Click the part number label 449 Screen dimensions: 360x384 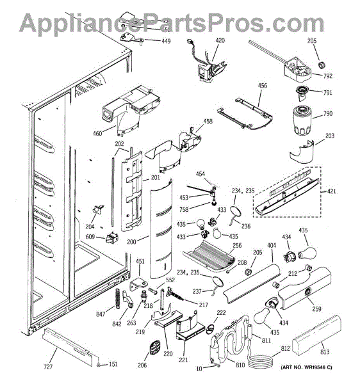point(166,41)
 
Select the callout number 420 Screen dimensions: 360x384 point(220,40)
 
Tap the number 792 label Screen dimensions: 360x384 point(328,76)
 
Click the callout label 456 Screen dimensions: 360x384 point(263,86)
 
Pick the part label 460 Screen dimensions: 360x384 point(97,134)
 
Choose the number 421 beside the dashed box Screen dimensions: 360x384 point(332,191)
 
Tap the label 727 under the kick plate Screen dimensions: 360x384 point(48,367)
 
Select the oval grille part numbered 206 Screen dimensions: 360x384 point(154,348)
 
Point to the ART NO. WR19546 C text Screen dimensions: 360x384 point(306,367)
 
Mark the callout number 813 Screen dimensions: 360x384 point(325,352)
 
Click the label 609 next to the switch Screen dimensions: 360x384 point(90,237)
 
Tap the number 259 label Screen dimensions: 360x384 point(316,309)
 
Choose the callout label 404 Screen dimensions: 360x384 point(272,245)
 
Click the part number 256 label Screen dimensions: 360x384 point(237,245)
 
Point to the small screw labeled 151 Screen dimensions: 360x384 point(99,365)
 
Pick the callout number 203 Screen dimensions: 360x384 point(330,136)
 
